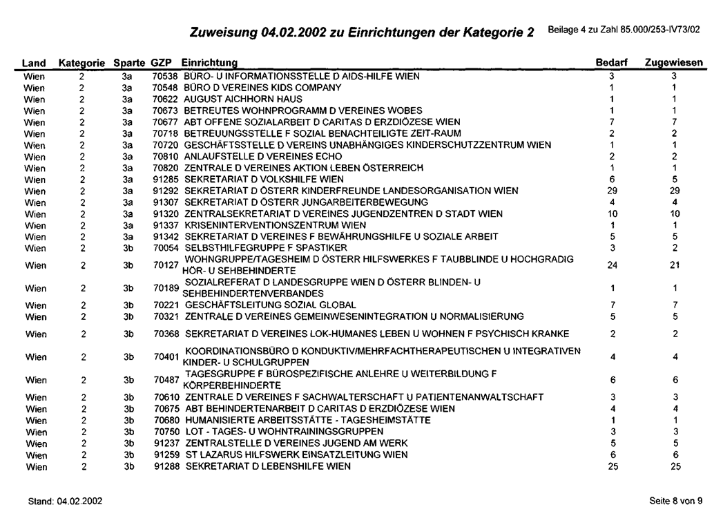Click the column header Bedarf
coord(611,63)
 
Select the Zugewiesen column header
coord(674,63)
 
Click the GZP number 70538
coord(164,75)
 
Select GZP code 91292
coord(164,189)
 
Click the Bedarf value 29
coord(611,189)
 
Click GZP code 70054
coord(164,247)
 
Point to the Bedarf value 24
coord(611,264)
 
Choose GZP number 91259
coord(164,455)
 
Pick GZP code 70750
coord(164,431)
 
